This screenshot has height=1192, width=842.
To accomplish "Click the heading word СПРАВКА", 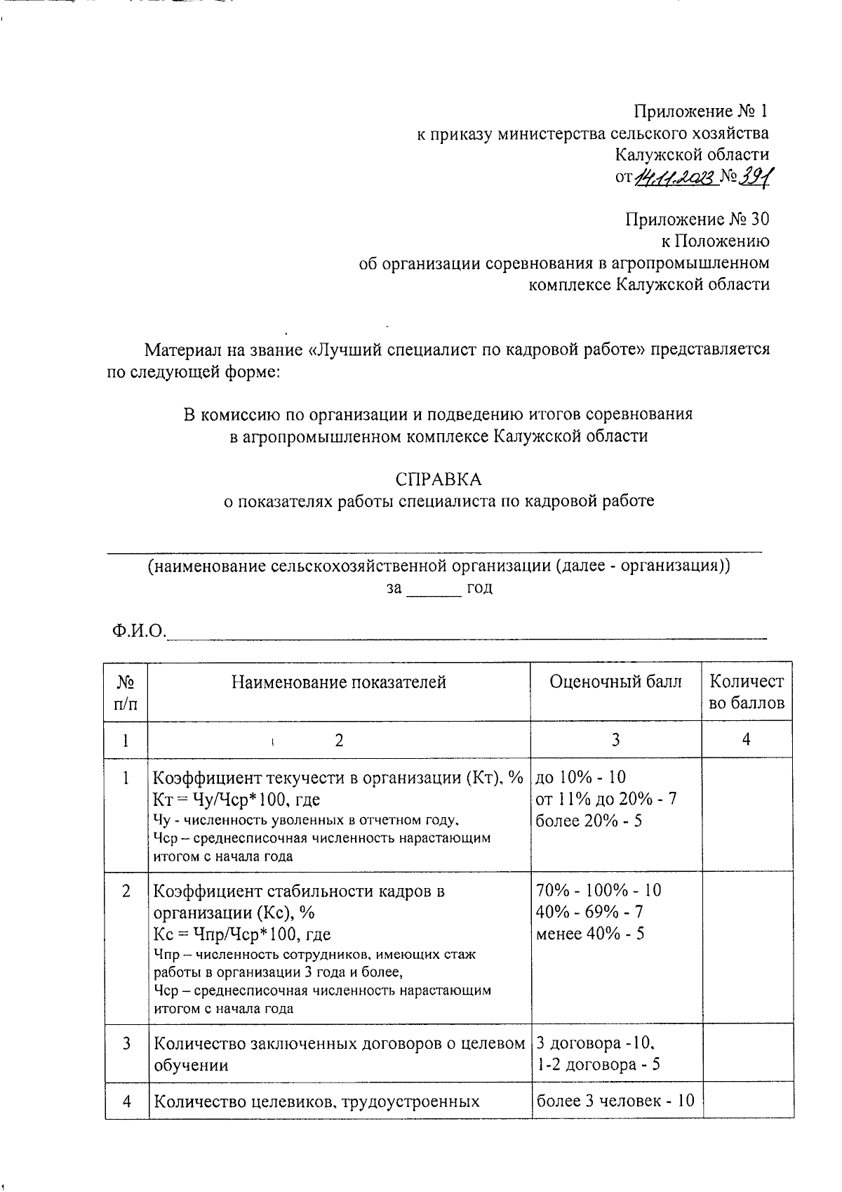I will point(439,479).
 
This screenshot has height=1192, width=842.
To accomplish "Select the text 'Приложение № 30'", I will point(697,219).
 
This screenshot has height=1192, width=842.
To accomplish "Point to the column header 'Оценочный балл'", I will point(615,682).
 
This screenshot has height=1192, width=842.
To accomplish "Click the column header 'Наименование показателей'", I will point(339,682).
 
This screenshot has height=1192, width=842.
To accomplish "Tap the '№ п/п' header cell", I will point(126,692).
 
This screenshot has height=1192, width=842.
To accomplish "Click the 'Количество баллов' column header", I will point(747,692).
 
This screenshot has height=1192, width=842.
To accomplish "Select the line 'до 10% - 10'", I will point(580,777).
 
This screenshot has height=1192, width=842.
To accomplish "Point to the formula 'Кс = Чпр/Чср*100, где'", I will point(242,934).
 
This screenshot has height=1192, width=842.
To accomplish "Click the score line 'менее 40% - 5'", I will point(590,934).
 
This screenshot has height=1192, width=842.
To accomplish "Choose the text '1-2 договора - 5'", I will point(598,1065).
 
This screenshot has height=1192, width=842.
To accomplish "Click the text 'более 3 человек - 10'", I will point(615,1101).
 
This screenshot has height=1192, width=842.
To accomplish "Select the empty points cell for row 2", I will point(747,948).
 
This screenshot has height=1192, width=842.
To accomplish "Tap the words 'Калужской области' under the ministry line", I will point(692,154).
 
